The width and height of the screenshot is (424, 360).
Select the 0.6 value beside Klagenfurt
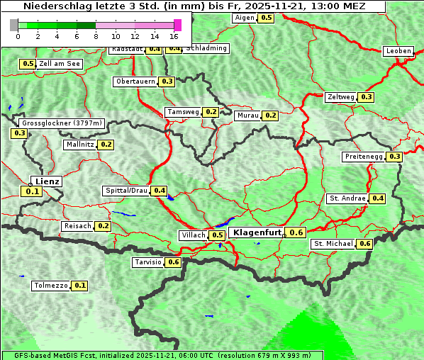tap(296, 232)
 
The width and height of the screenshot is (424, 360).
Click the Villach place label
tap(194, 235)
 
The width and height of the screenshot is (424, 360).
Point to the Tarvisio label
tap(148, 262)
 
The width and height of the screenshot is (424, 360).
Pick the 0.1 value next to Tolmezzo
tap(80, 286)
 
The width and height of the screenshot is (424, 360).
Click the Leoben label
tap(398, 51)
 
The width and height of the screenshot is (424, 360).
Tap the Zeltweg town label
tap(341, 97)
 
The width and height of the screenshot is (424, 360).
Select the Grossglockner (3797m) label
tap(62, 123)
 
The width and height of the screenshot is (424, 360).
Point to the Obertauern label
tap(135, 81)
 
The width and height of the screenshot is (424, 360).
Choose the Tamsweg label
tap(183, 112)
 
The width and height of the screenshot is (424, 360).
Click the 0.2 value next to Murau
tap(270, 115)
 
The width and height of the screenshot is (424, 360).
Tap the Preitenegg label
tap(364, 157)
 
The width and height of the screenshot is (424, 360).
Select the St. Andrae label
tap(347, 198)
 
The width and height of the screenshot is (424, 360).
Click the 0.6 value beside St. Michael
tap(365, 244)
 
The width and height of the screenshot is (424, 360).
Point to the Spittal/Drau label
tap(126, 191)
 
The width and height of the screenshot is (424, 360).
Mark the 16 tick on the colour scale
tap(174, 35)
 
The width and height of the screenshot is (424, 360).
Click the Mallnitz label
tap(79, 145)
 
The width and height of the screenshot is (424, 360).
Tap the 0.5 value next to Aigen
tap(266, 17)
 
